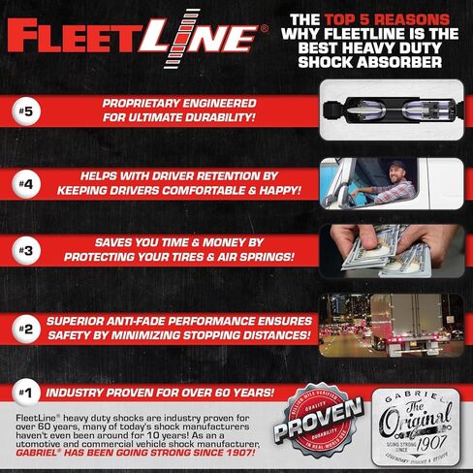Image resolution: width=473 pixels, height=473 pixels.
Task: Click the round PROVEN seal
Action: pyautogui.click(x=313, y=426)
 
